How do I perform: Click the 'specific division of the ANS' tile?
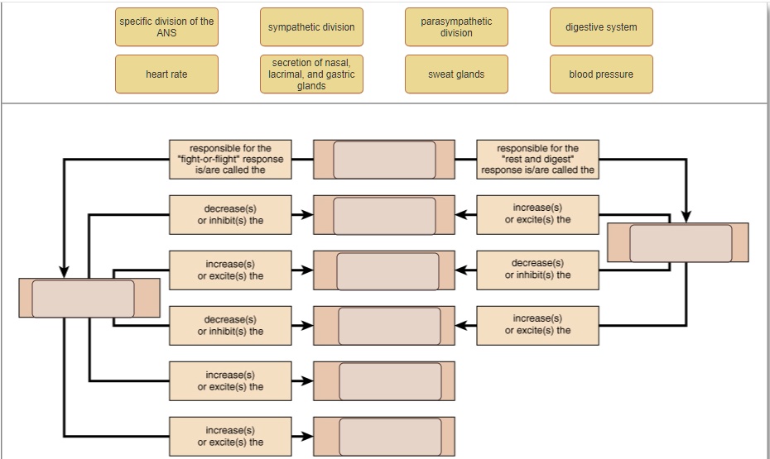(x=166, y=27)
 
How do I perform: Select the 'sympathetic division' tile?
(x=311, y=27)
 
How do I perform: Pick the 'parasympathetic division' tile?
(x=456, y=27)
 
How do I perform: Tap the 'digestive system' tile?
(x=601, y=27)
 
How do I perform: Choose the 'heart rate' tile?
(x=166, y=74)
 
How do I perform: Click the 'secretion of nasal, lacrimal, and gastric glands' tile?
(x=311, y=74)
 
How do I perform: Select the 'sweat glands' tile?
(x=456, y=74)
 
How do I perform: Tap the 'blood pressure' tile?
(x=601, y=74)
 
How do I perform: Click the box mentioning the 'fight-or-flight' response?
(x=230, y=160)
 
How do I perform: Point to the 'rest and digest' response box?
(x=537, y=160)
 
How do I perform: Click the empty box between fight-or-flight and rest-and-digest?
(x=384, y=160)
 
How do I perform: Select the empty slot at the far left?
(x=83, y=299)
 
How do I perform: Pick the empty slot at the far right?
(x=681, y=243)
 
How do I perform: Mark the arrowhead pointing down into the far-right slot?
(x=686, y=216)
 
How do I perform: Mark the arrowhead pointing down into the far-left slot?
(x=65, y=272)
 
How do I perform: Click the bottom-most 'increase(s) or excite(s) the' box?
(x=230, y=437)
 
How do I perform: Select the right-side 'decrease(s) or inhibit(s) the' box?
(x=537, y=270)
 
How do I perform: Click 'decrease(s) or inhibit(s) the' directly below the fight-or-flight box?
(x=230, y=215)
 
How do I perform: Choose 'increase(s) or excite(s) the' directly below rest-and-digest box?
(x=537, y=215)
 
